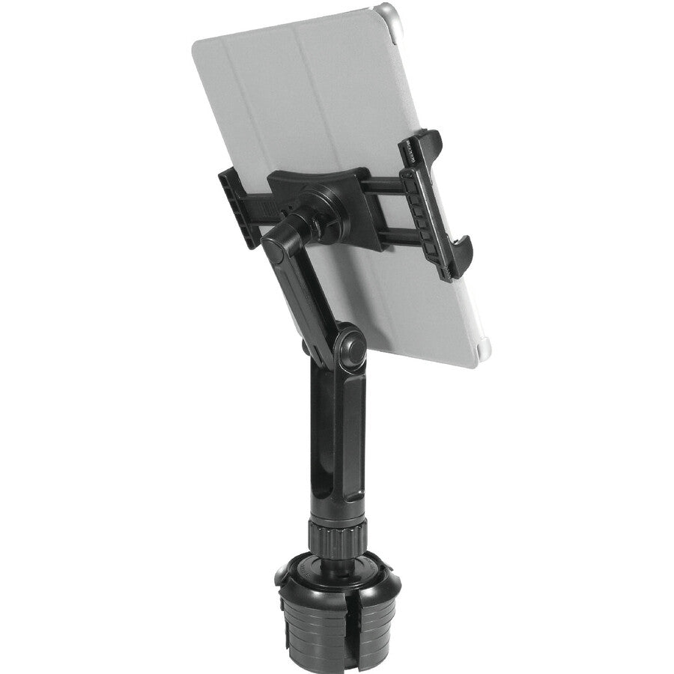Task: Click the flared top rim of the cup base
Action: (330, 577)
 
